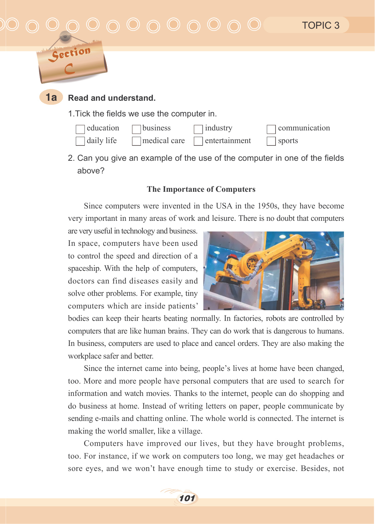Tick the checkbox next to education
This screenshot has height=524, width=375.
[x=80, y=129]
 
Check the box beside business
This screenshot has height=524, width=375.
[x=136, y=129]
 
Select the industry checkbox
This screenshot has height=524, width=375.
[x=198, y=129]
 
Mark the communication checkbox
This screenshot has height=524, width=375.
[x=271, y=129]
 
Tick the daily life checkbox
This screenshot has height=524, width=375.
[x=80, y=141]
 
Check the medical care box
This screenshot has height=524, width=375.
[x=136, y=141]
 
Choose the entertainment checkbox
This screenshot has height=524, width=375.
[x=198, y=141]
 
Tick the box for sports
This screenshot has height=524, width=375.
[x=271, y=141]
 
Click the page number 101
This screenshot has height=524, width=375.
[x=187, y=498]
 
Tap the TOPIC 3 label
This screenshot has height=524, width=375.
[x=321, y=25]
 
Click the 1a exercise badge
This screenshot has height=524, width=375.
[x=51, y=97]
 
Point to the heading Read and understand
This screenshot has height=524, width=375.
[x=112, y=98]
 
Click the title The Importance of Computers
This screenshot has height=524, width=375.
[x=201, y=189]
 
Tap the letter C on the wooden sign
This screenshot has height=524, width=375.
[x=69, y=69]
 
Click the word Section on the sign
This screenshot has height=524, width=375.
[x=69, y=53]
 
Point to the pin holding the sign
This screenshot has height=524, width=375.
[x=65, y=35]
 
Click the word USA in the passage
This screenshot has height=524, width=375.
[x=224, y=206]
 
